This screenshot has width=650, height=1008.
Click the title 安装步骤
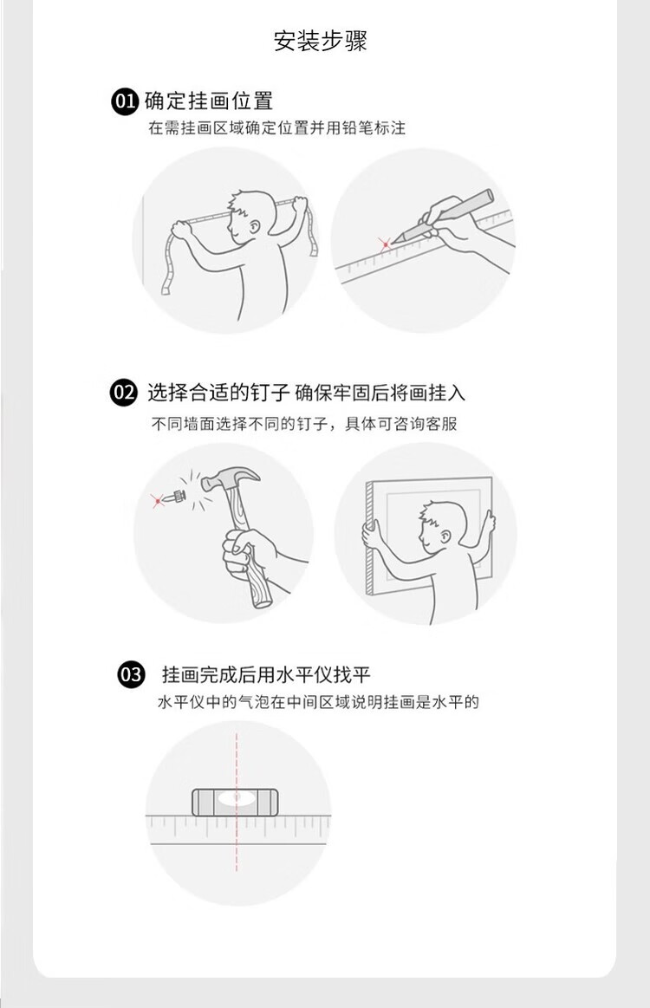pyautogui.click(x=320, y=41)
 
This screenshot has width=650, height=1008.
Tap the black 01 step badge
pyautogui.click(x=124, y=101)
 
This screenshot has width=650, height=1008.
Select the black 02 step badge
pyautogui.click(x=124, y=392)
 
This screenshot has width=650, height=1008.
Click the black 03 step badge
pyautogui.click(x=131, y=675)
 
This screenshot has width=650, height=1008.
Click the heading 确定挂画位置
pyautogui.click(x=209, y=101)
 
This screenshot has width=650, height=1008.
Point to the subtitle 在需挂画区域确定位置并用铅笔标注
pyautogui.click(x=277, y=128)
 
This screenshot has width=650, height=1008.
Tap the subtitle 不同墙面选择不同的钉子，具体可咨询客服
pyautogui.click(x=304, y=424)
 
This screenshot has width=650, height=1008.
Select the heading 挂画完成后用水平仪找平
pyautogui.click(x=266, y=675)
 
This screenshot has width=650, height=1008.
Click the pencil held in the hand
pyautogui.click(x=443, y=215)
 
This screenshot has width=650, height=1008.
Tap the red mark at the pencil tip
pyautogui.click(x=385, y=244)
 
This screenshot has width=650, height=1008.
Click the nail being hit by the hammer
pyautogui.click(x=175, y=497)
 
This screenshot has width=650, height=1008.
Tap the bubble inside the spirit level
pyautogui.click(x=236, y=797)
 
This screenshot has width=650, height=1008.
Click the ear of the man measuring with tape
pyautogui.click(x=254, y=227)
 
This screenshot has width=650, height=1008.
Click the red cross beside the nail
pyautogui.click(x=157, y=499)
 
